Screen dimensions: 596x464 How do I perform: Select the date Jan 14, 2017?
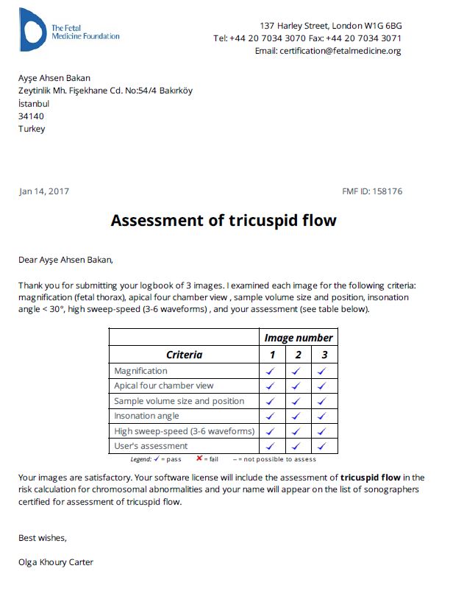click(44, 192)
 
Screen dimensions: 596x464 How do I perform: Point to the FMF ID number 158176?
click(388, 192)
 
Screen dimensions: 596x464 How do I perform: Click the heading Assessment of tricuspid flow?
click(224, 221)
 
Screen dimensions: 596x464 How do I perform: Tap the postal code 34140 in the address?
click(31, 116)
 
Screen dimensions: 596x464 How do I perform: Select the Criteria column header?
click(184, 355)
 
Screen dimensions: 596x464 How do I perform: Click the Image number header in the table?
click(298, 338)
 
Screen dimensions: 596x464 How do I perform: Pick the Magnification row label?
click(140, 371)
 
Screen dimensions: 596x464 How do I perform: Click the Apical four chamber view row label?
click(164, 386)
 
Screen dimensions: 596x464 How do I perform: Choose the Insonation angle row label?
click(146, 416)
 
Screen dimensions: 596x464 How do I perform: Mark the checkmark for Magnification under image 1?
click(270, 372)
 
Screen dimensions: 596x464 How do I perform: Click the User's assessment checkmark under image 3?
click(321, 446)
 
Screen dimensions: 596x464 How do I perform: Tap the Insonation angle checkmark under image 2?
click(296, 416)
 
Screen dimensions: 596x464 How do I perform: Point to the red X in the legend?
click(200, 458)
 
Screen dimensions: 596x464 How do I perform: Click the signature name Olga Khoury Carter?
click(56, 563)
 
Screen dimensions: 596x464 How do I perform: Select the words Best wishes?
click(42, 537)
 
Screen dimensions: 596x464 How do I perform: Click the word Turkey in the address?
click(32, 129)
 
